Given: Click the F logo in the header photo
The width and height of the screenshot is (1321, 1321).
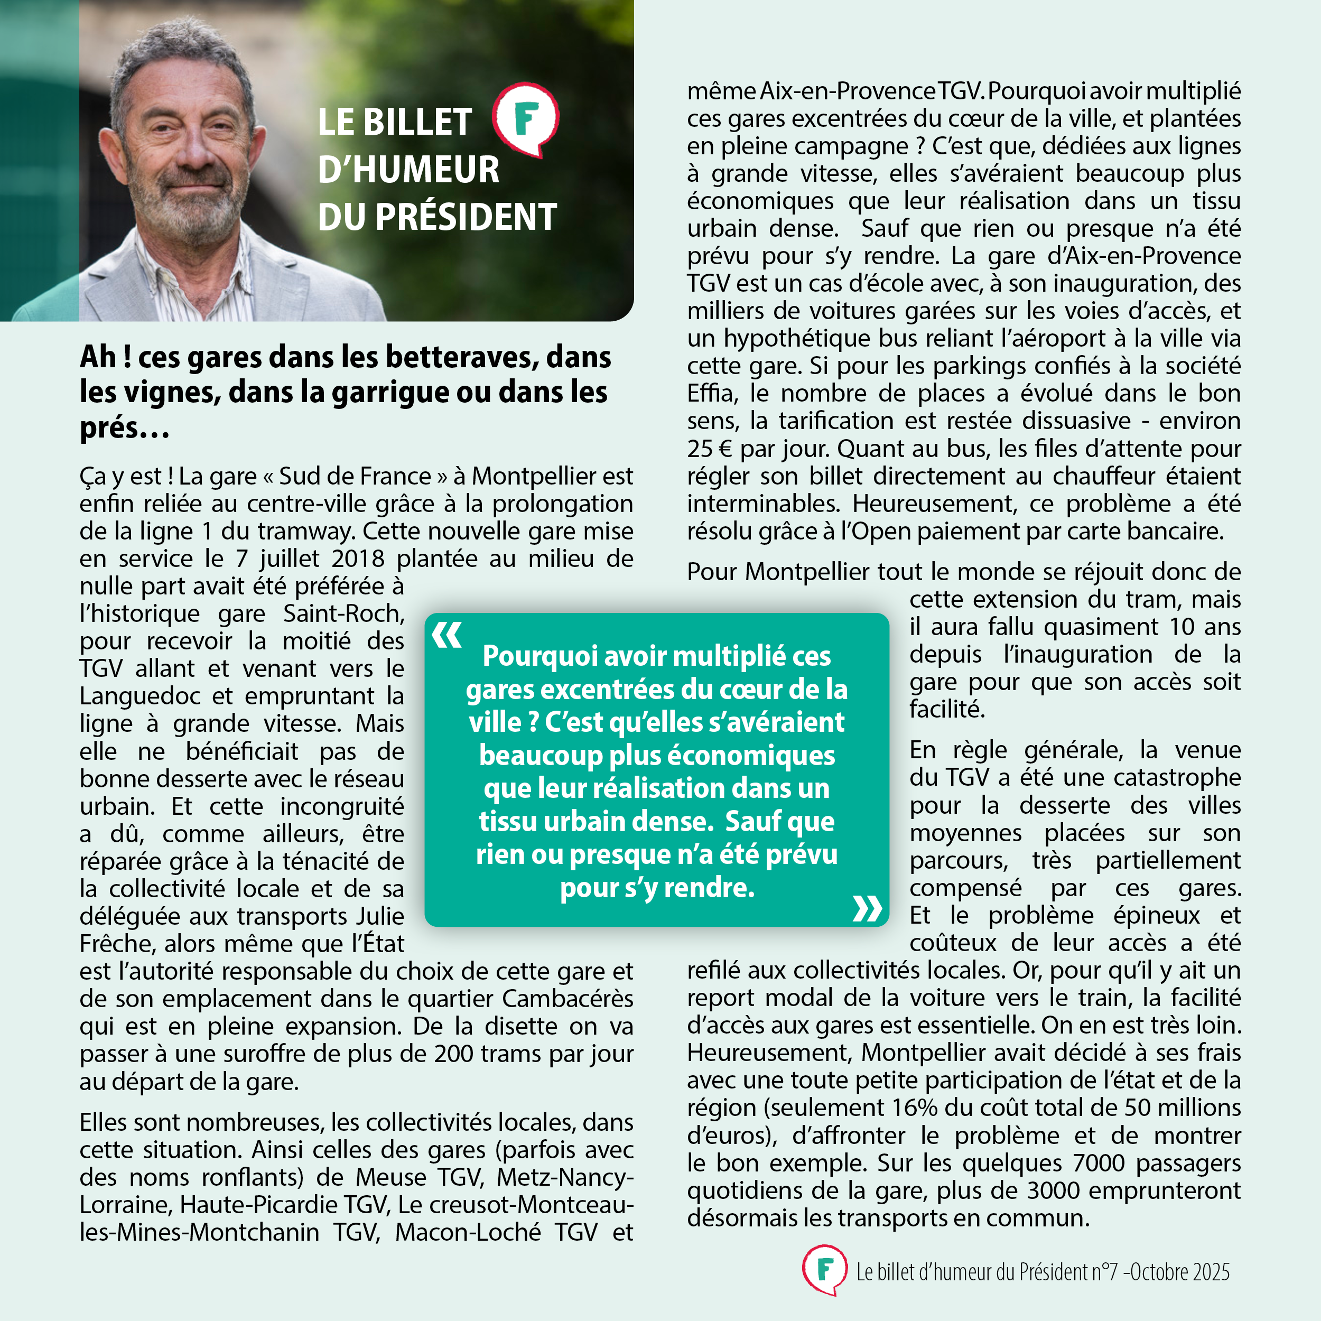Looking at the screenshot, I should (526, 119).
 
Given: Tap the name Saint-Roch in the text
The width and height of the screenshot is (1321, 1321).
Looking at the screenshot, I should (343, 613).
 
